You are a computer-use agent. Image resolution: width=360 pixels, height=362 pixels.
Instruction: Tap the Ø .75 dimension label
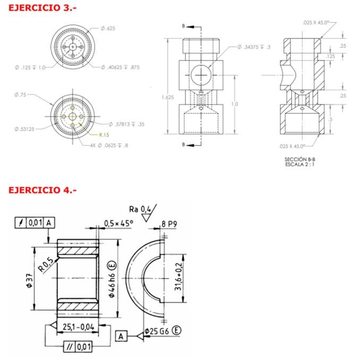tap(20, 95)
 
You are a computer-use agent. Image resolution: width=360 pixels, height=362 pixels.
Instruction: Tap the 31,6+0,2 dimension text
tap(181, 271)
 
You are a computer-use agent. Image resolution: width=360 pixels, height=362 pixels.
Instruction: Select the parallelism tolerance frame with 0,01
tap(77, 347)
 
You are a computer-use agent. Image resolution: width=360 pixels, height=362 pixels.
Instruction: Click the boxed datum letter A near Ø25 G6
tap(122, 336)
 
